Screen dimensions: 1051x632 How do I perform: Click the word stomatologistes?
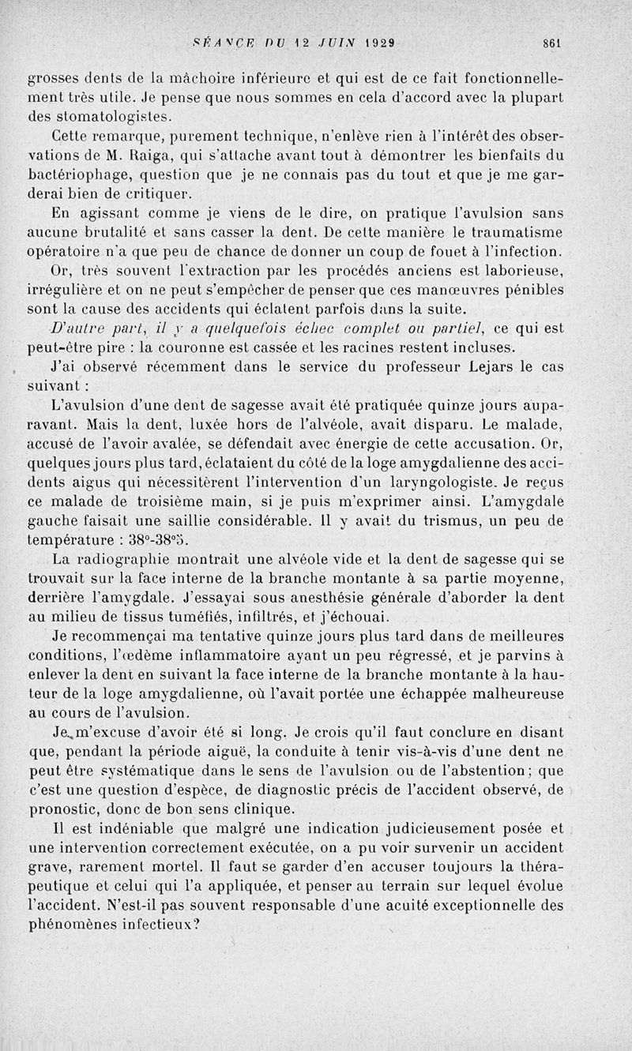[110, 117]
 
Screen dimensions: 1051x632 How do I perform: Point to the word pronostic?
[63, 809]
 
